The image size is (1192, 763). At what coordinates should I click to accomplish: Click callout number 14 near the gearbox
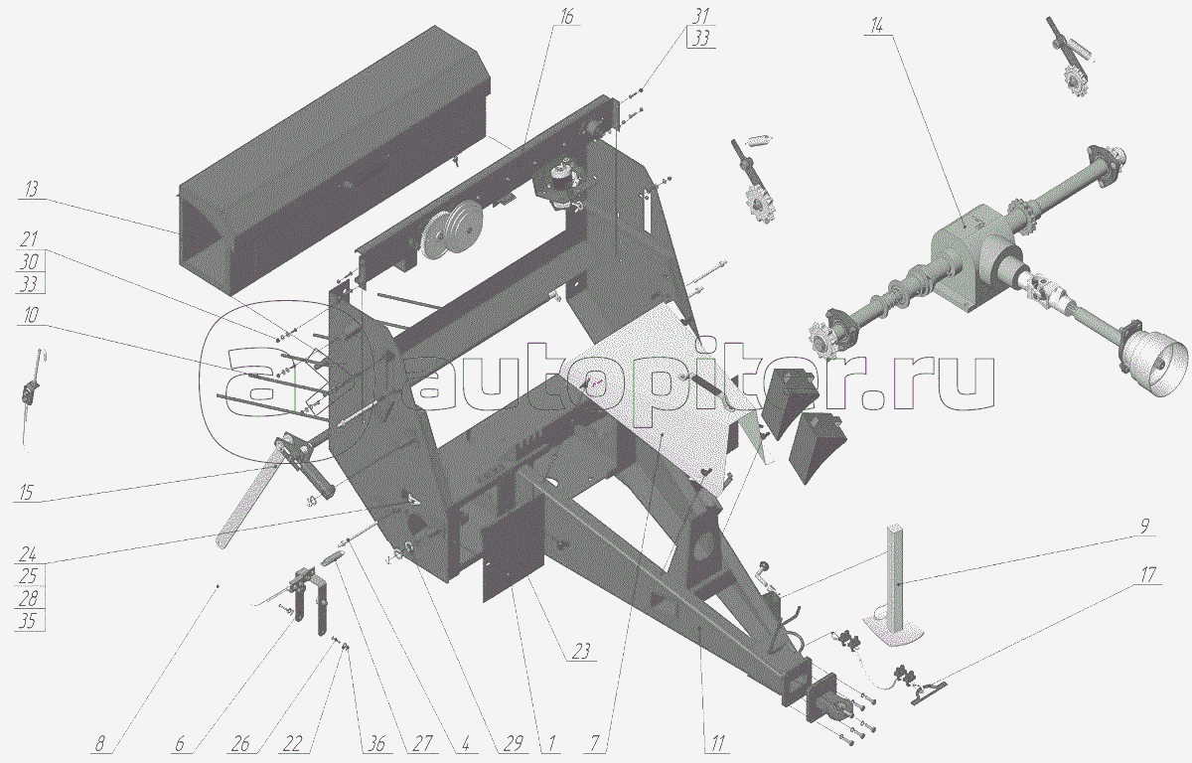pyautogui.click(x=876, y=26)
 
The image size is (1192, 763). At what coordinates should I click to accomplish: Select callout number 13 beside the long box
pyautogui.click(x=32, y=190)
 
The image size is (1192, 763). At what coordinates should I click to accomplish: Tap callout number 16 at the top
pyautogui.click(x=566, y=16)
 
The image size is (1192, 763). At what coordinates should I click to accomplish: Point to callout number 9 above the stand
pyautogui.click(x=1144, y=526)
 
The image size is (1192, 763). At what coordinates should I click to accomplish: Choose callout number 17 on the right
pyautogui.click(x=1147, y=574)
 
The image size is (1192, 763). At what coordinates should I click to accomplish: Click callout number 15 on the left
pyautogui.click(x=26, y=492)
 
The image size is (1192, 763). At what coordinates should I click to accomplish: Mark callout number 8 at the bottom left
pyautogui.click(x=99, y=744)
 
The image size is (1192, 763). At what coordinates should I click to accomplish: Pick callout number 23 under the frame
pyautogui.click(x=582, y=652)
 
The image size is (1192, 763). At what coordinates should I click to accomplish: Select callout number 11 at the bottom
pyautogui.click(x=717, y=744)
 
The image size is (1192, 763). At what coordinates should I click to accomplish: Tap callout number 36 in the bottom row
pyautogui.click(x=376, y=744)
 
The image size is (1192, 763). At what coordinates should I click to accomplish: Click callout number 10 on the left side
pyautogui.click(x=31, y=316)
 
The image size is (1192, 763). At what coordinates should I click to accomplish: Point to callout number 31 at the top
pyautogui.click(x=701, y=16)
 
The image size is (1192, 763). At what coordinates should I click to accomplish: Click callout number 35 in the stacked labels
pyautogui.click(x=27, y=620)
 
